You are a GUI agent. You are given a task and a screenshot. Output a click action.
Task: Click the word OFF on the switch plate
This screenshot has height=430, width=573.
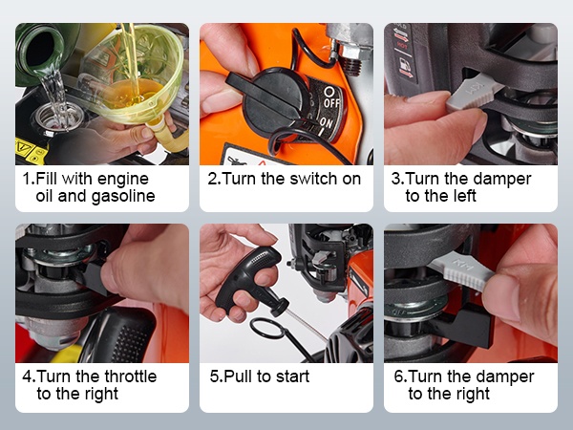pyautogui.click(x=331, y=103)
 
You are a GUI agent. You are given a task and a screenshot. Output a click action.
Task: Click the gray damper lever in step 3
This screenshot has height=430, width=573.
pyautogui.click(x=472, y=93)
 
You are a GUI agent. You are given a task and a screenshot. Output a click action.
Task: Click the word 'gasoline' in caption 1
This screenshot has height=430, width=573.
pyautogui.click(x=123, y=196)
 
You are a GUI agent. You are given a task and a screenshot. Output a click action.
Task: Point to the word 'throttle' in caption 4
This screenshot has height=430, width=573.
pyautogui.click(x=131, y=376)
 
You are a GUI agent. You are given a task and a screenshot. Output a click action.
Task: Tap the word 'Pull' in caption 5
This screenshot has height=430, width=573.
pyautogui.click(x=238, y=376)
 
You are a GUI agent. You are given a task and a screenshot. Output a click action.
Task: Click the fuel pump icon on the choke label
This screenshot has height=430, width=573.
pyautogui.click(x=405, y=65)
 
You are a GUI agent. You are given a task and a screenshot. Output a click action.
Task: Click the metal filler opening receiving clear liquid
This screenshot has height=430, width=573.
pyautogui.click(x=55, y=118)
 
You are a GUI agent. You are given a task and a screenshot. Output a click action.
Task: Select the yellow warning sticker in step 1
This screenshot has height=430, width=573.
pyautogui.click(x=31, y=151)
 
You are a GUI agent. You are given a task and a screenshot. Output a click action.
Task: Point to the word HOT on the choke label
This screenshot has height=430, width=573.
pyautogui.click(x=402, y=46)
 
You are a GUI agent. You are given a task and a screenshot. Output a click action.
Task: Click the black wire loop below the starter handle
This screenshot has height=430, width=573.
pyautogui.click(x=267, y=329)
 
